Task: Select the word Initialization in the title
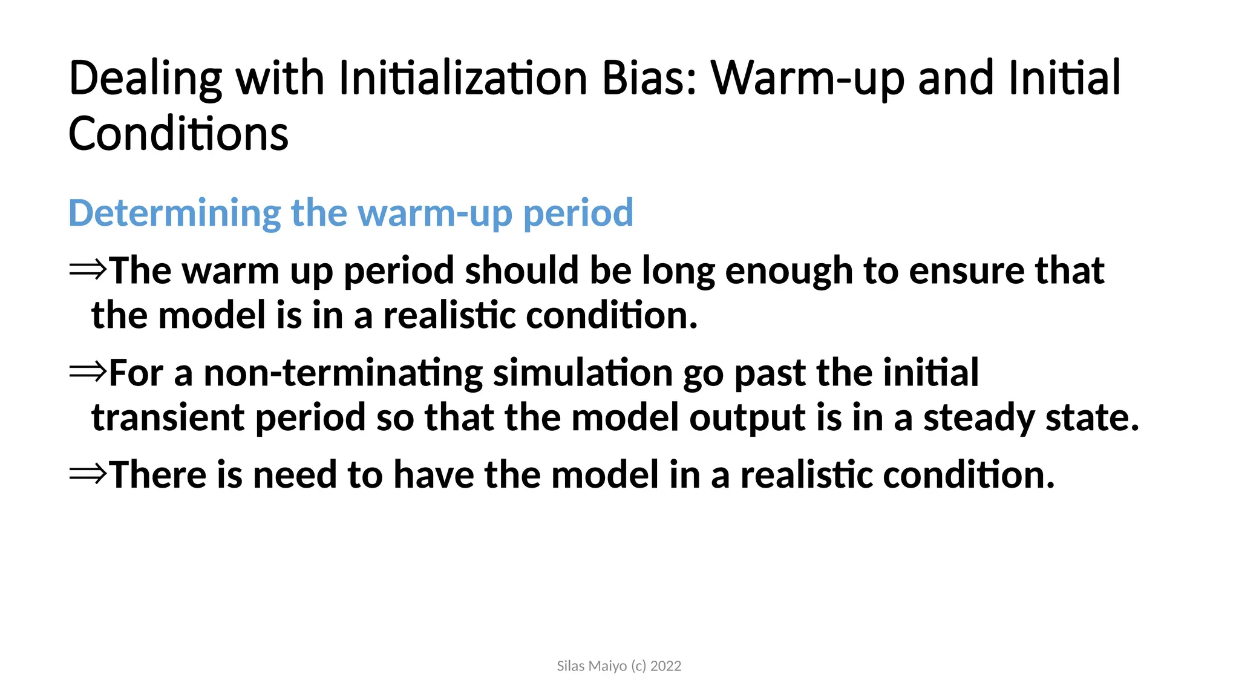click(463, 78)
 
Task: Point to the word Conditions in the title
click(178, 134)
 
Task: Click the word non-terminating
click(343, 373)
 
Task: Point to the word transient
click(168, 417)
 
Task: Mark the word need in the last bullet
click(295, 474)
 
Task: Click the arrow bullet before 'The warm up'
click(88, 269)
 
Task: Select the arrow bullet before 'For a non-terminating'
click(88, 371)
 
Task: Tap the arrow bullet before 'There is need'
click(88, 473)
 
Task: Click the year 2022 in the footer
click(665, 666)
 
